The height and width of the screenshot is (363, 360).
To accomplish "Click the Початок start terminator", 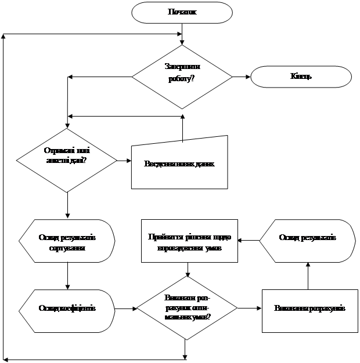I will tap(182, 12).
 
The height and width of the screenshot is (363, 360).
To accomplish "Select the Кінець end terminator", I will tap(301, 77).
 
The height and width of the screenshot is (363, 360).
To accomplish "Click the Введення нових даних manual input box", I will tap(179, 164).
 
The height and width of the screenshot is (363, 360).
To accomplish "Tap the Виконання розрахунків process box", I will tap(309, 308).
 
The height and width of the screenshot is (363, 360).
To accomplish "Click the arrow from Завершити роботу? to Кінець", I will tap(241, 77).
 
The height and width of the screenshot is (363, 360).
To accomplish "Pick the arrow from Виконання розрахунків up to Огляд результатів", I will tap(308, 273).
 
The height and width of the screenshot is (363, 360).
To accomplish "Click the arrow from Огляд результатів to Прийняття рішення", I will tap(249, 239).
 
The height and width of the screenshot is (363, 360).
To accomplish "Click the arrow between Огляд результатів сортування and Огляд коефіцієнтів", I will tap(68, 277).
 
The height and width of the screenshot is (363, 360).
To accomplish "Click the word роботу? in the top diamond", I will tap(182, 79).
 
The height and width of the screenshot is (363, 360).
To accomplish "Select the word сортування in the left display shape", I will tap(67, 248).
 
